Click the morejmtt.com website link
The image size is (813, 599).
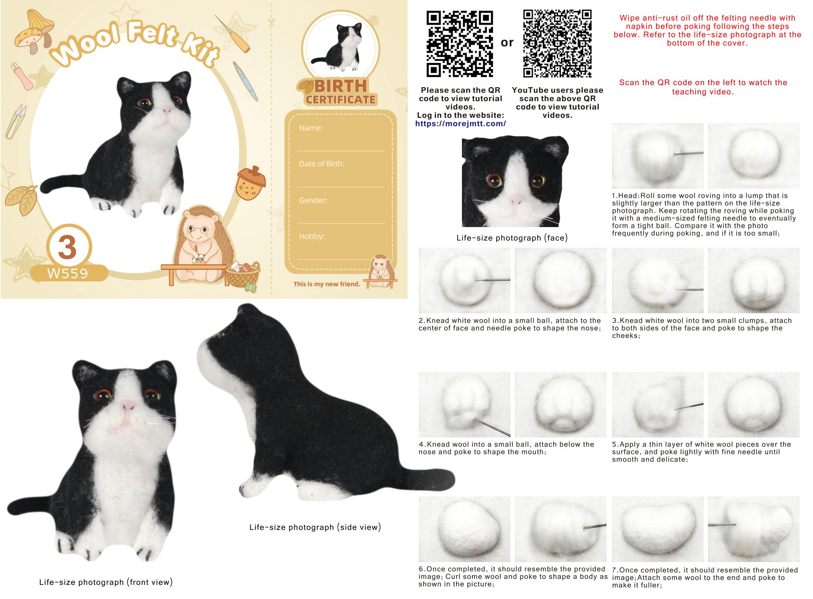coord(460,123)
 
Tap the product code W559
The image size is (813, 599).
coord(68,273)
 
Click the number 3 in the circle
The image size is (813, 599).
coord(67,248)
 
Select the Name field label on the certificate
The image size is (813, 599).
coord(311,128)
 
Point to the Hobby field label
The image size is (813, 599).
coord(312,236)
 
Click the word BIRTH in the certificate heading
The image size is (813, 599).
coord(341,86)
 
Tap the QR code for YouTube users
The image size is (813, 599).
coord(557,43)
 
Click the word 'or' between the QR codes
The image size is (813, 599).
coord(507,43)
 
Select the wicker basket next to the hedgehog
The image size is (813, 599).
coord(242,275)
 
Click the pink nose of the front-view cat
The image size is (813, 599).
coord(128,405)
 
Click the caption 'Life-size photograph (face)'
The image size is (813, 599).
coord(512,238)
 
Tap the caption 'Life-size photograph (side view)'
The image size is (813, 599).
coord(315,527)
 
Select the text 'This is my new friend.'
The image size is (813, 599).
coord(327,284)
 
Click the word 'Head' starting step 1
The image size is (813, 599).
coord(629,196)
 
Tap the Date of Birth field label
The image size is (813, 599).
coord(322,164)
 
